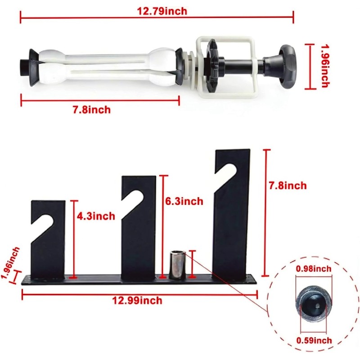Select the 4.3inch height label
pyautogui.click(x=96, y=216)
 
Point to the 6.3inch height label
pyautogui.click(x=184, y=202)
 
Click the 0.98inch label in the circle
pyautogui.click(x=314, y=269)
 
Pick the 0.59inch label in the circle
pyautogui.click(x=314, y=341)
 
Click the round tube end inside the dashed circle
pyautogui.click(x=313, y=304)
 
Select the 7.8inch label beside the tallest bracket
pyautogui.click(x=288, y=185)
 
